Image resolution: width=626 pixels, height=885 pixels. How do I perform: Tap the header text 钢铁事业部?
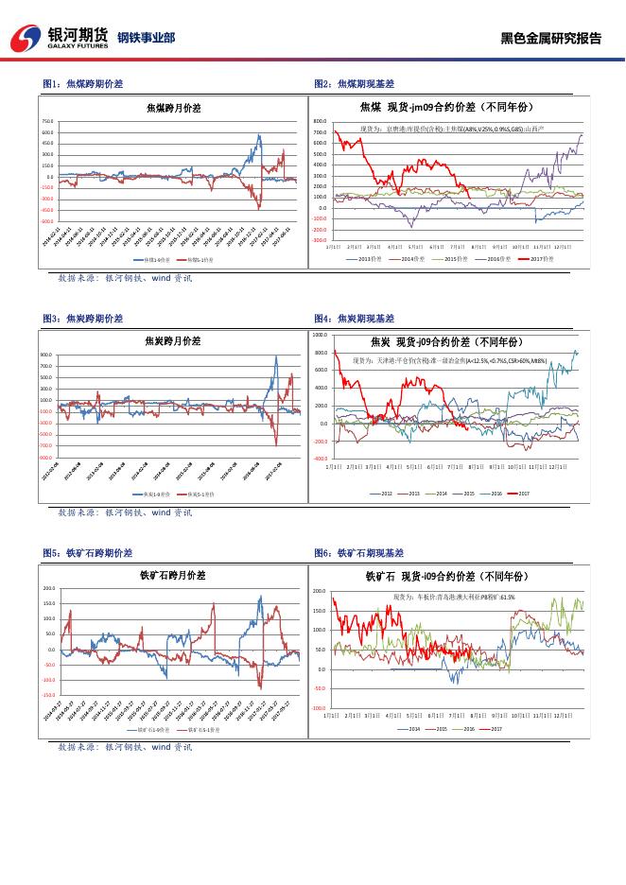click(146, 38)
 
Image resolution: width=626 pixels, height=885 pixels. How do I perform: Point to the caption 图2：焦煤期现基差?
click(354, 84)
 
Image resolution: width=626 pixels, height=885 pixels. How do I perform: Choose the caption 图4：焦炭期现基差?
click(354, 319)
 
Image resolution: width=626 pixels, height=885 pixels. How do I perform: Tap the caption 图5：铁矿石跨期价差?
click(87, 552)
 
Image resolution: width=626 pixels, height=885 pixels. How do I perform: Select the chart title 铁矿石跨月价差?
click(170, 574)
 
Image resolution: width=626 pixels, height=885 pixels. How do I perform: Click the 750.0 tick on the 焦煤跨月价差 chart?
click(47, 122)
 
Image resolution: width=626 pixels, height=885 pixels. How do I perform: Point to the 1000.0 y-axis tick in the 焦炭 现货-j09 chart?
click(319, 335)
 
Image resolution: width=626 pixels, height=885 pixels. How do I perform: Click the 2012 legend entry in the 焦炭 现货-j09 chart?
click(386, 493)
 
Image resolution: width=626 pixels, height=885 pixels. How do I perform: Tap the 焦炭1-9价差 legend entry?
click(151, 494)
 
